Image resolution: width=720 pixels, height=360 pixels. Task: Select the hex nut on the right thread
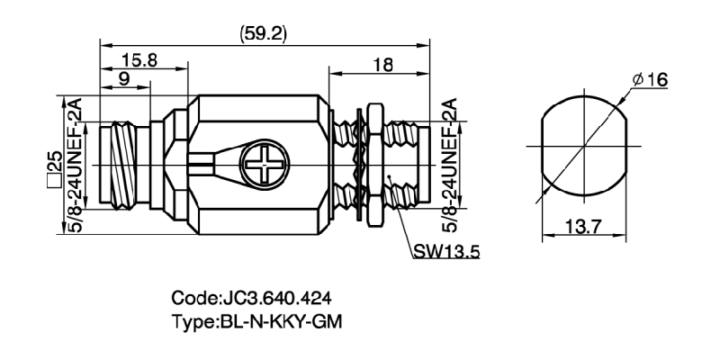coord(367,166)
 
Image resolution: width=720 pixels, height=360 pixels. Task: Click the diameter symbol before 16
coord(638,80)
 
